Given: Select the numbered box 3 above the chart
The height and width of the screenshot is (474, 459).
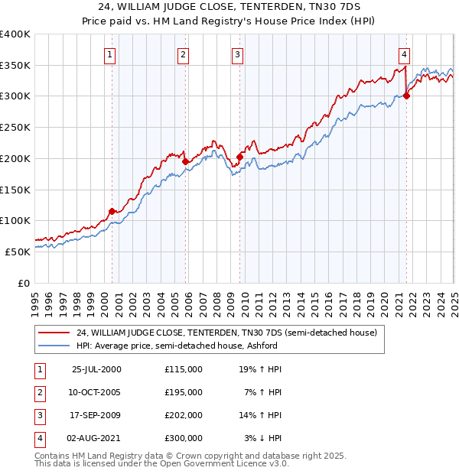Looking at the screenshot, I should click(238, 54).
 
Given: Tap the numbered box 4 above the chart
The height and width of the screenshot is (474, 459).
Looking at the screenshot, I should click(403, 54).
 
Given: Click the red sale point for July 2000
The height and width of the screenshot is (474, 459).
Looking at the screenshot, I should click(112, 211).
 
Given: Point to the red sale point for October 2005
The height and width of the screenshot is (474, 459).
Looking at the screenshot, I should click(185, 161).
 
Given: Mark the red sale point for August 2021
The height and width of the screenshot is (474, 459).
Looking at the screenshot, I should click(406, 96).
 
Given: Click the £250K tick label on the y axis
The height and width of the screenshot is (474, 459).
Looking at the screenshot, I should click(15, 128).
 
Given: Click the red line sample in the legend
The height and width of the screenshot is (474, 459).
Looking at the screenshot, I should click(54, 333).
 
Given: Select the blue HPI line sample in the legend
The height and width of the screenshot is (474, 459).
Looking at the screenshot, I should click(54, 345).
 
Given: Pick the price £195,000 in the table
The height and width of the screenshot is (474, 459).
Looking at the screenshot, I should click(183, 392).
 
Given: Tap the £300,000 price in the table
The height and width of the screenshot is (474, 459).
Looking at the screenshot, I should click(183, 438).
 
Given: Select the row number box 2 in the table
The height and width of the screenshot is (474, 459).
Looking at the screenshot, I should click(39, 392).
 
